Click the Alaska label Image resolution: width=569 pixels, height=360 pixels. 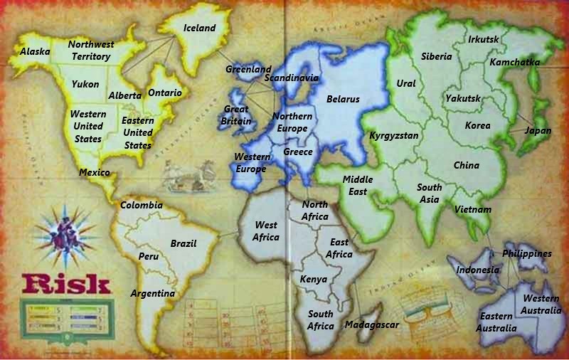click(x=33, y=52)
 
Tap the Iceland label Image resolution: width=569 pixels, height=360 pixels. click(x=199, y=28)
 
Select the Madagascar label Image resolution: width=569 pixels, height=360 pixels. click(x=371, y=324)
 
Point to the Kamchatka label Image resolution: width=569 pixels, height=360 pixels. click(x=515, y=63)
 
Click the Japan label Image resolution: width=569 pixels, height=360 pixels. click(x=538, y=131)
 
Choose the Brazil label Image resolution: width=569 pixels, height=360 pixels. click(x=184, y=243)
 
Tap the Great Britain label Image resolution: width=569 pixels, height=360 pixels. click(x=237, y=115)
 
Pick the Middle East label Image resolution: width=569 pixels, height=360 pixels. click(x=358, y=186)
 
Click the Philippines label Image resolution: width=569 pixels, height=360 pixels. click(x=527, y=253)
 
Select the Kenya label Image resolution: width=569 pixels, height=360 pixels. click(x=314, y=280)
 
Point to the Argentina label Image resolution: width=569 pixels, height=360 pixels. click(x=153, y=293)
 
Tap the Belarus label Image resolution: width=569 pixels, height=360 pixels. click(x=343, y=100)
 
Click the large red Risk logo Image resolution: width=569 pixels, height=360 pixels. click(x=66, y=284)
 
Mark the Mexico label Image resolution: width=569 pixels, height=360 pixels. click(x=94, y=173)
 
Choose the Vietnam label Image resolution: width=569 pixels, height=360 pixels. click(x=473, y=210)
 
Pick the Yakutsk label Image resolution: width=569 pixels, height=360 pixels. click(x=464, y=98)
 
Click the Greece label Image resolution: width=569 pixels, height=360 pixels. click(x=298, y=152)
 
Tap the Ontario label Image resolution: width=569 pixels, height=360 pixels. click(x=165, y=93)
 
